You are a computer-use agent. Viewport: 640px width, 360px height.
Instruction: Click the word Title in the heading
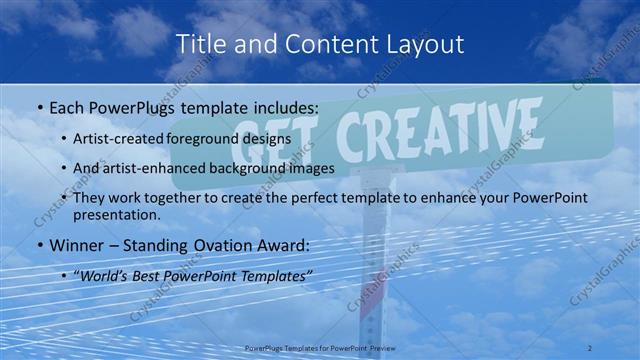click(199, 44)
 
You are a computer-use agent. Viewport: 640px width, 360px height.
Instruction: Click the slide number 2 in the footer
click(591, 347)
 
